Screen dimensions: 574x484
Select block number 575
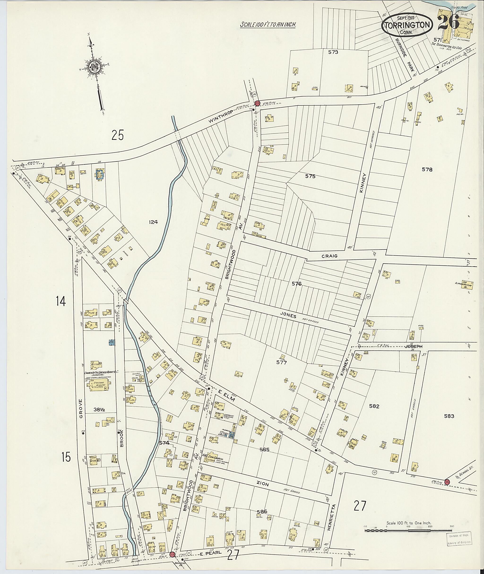(x=310, y=177)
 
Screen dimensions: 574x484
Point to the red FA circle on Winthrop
(x=257, y=103)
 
